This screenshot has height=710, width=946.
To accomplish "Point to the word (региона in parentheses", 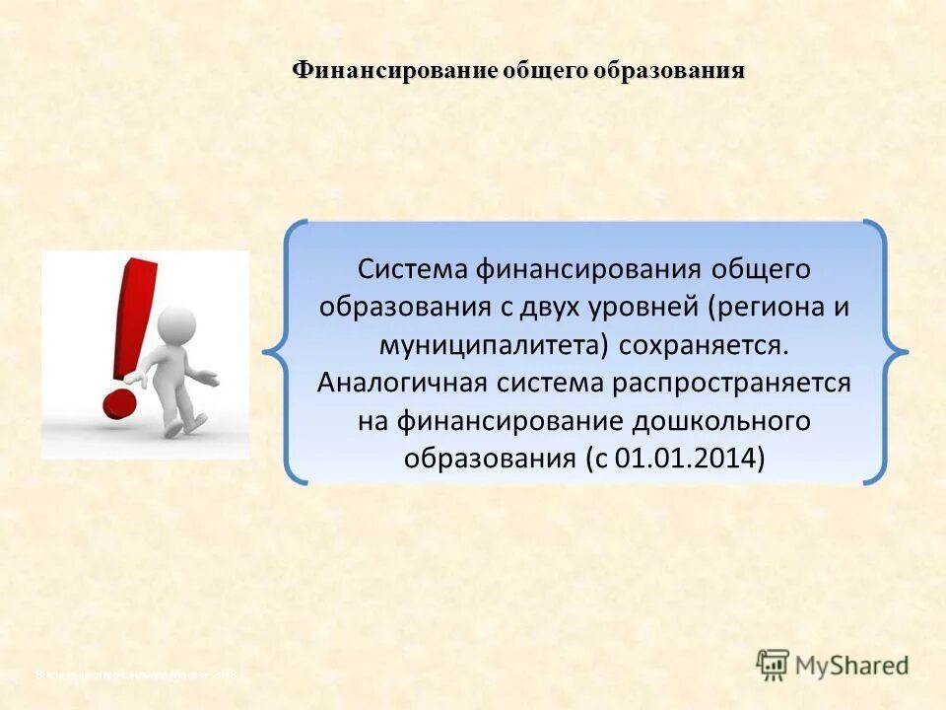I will click(x=765, y=306).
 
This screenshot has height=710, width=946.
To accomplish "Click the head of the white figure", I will click(x=176, y=324).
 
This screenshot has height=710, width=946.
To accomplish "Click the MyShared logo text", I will click(x=852, y=665).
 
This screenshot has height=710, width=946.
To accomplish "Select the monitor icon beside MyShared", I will click(x=774, y=665).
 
